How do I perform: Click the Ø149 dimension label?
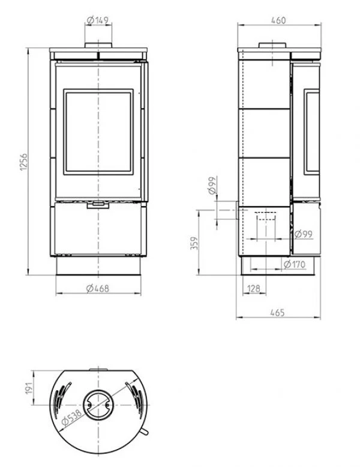pos(97,20)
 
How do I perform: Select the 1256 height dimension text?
pos(24,162)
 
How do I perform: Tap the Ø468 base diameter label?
pos(98,288)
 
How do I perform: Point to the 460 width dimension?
pos(278,20)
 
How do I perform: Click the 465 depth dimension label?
pos(277,313)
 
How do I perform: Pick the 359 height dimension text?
pos(194,243)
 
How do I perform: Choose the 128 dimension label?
pos(254,288)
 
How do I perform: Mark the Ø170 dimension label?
pos(295,264)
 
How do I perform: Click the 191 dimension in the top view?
pos(29,388)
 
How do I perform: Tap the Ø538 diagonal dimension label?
pos(71,417)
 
